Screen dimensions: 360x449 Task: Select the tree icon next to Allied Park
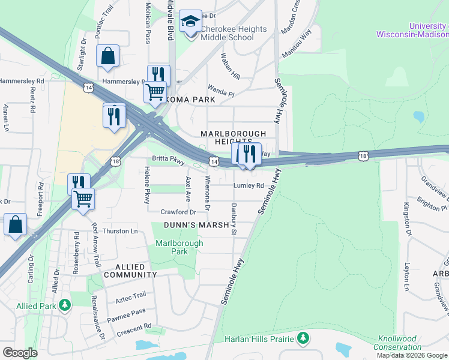pyautogui.click(x=64, y=306)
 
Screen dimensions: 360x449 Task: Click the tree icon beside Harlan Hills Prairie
pyautogui.click(x=303, y=339)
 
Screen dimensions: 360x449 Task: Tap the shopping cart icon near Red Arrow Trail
pyautogui.click(x=83, y=199)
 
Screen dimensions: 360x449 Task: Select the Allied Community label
pyautogui.click(x=130, y=271)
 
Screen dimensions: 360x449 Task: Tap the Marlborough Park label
pyautogui.click(x=179, y=247)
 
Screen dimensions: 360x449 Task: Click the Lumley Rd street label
pyautogui.click(x=249, y=186)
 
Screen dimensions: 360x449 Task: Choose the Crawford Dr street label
pyautogui.click(x=178, y=212)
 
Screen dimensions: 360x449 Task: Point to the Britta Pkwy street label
pyautogui.click(x=168, y=160)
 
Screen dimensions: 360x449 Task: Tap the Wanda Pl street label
pyautogui.click(x=221, y=93)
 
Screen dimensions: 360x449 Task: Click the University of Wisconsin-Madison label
pyautogui.click(x=412, y=31)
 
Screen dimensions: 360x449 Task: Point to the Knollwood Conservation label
pyautogui.click(x=397, y=343)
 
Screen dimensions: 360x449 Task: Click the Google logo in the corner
pyautogui.click(x=20, y=353)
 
